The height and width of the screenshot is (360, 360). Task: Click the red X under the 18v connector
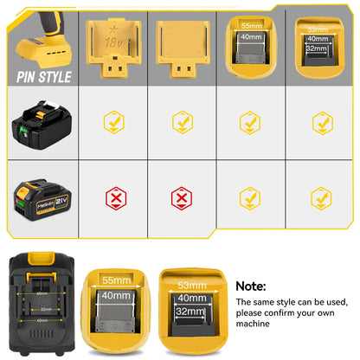[112, 198]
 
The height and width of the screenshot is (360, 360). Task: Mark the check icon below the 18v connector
[112, 124]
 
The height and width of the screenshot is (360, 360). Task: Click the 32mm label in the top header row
[318, 50]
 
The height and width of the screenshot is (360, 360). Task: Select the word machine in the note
[255, 325]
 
